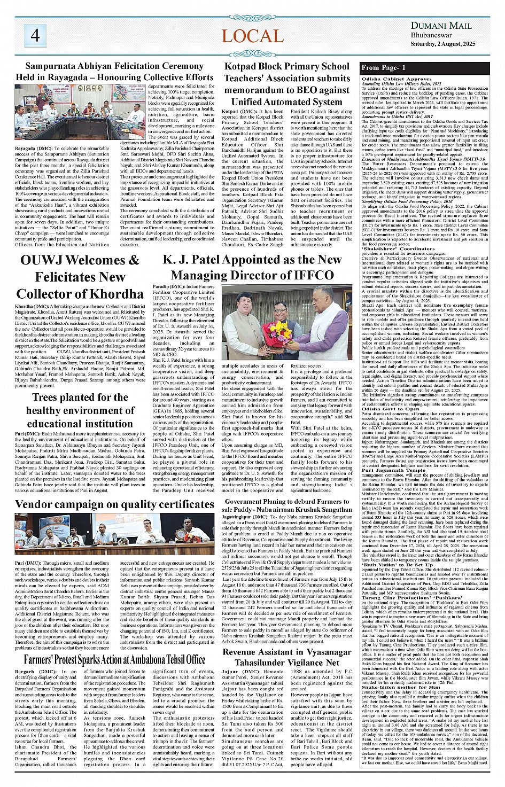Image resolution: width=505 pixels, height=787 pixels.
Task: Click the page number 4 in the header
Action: pos(35,35)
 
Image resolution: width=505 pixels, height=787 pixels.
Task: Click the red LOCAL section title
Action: pos(252,36)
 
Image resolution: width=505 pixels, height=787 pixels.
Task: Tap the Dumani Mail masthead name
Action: pos(441,25)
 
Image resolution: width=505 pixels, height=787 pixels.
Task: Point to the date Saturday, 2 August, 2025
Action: pos(443,44)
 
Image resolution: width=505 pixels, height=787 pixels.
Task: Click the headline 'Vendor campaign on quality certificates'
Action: pos(114,504)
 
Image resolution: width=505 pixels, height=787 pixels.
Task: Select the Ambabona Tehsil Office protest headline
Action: pos(114,659)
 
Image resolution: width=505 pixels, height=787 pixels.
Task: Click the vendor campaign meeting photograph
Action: pos(114,534)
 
